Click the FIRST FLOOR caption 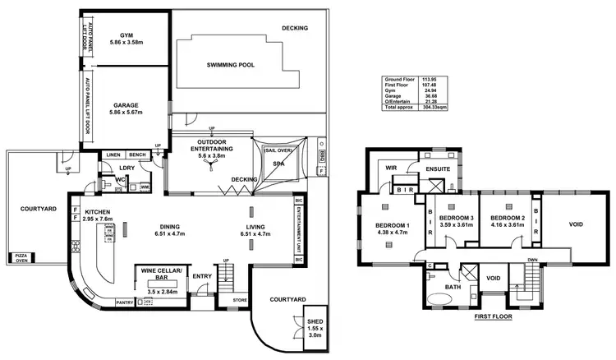click(494, 316)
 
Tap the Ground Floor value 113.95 click(427, 79)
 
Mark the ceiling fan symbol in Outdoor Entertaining click(211, 164)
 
